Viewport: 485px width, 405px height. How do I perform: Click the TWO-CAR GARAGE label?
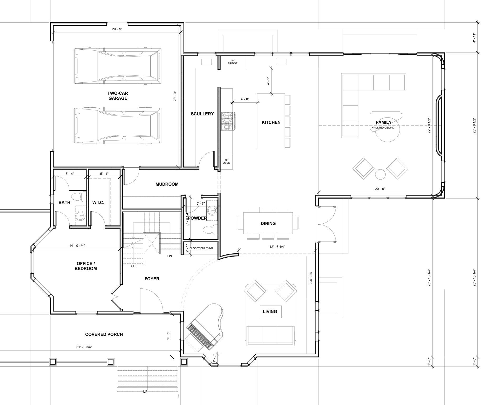117,96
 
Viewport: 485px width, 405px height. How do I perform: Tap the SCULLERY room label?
202,114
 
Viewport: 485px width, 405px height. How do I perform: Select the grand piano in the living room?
205,326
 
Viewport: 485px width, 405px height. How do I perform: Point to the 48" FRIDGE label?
233,62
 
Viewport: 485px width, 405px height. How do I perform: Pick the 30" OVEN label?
226,161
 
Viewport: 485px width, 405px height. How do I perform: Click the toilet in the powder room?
210,229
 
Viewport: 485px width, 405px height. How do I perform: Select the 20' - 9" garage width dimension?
117,29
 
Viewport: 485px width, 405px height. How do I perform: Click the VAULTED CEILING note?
383,128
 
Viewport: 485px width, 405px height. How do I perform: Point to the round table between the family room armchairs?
380,174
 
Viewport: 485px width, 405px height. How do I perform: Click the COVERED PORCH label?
104,334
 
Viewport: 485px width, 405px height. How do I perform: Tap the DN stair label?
170,256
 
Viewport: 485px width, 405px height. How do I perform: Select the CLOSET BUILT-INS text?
201,248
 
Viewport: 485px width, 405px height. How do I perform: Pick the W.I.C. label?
98,202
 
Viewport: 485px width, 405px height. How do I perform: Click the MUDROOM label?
167,184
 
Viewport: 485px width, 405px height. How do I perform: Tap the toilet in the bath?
78,196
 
